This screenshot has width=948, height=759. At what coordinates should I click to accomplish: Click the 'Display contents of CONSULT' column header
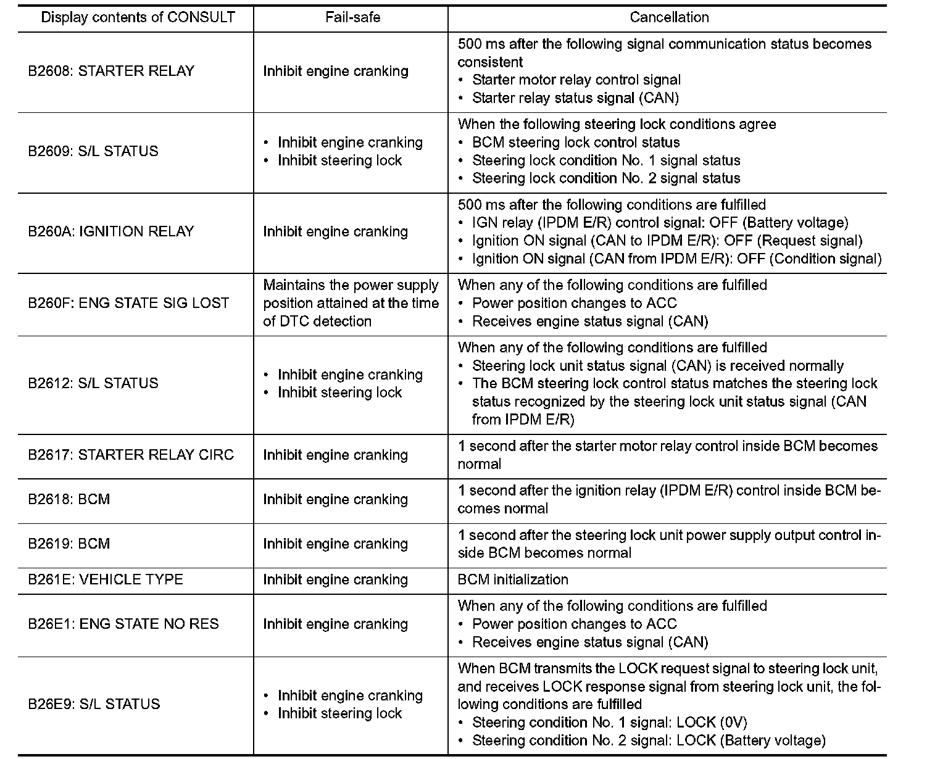[x=138, y=17]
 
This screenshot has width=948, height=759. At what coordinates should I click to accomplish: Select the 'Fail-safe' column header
[x=352, y=17]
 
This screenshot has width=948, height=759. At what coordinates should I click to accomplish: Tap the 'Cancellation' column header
[x=669, y=17]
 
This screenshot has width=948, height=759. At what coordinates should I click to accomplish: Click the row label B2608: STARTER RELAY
[x=111, y=71]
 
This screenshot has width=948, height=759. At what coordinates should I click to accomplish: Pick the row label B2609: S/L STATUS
[x=93, y=151]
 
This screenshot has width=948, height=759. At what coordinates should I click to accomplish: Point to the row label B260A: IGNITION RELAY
[x=111, y=231]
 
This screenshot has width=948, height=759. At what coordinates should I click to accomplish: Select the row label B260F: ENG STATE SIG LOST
[x=128, y=303]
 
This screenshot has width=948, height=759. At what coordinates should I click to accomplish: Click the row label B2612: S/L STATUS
[x=93, y=383]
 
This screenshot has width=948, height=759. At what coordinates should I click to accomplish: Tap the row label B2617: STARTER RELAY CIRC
[x=131, y=455]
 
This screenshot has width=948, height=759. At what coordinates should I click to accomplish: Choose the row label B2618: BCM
[x=69, y=499]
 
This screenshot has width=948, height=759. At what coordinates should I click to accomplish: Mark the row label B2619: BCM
[x=69, y=544]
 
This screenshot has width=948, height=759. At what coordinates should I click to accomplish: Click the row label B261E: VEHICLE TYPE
[x=106, y=579]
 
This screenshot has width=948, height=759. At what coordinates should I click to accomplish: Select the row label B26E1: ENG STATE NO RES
[x=123, y=624]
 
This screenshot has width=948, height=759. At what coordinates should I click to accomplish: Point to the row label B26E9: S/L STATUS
[x=94, y=704]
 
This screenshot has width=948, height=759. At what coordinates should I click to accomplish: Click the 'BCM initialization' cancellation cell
[x=513, y=579]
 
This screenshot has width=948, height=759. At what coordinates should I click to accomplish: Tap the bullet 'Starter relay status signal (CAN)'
[x=575, y=97]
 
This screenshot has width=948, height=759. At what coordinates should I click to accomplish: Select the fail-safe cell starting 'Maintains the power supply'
[x=351, y=303]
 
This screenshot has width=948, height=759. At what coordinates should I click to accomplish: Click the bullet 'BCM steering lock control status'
[x=576, y=143]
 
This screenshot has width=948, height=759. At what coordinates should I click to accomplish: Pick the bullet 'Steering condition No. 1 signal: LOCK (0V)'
[x=609, y=722]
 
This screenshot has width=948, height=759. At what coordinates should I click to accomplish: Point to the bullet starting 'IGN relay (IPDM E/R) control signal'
[x=660, y=223]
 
